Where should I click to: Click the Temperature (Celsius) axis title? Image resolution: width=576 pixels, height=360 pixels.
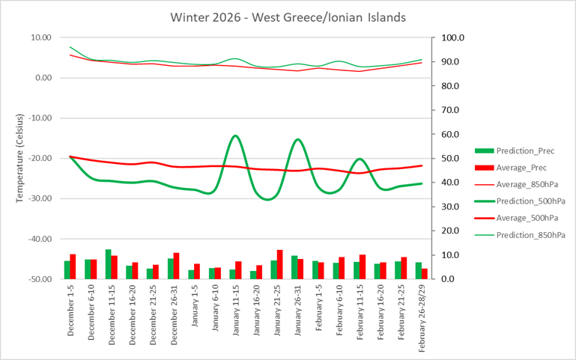[19, 159]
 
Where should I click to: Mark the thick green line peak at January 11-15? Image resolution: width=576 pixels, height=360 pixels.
[236, 135]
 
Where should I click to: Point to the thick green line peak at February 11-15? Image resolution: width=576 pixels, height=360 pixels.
[360, 159]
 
